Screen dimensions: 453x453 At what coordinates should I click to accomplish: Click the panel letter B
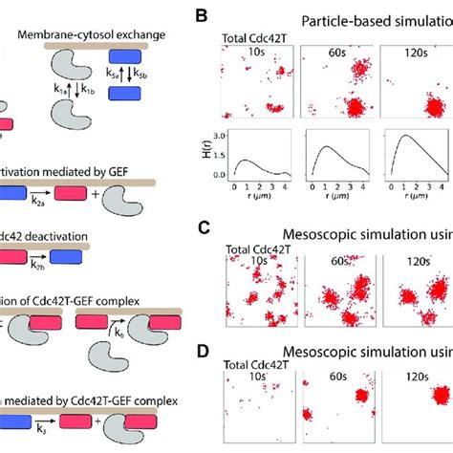click(x=201, y=15)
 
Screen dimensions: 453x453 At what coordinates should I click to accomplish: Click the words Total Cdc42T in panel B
click(x=250, y=39)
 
